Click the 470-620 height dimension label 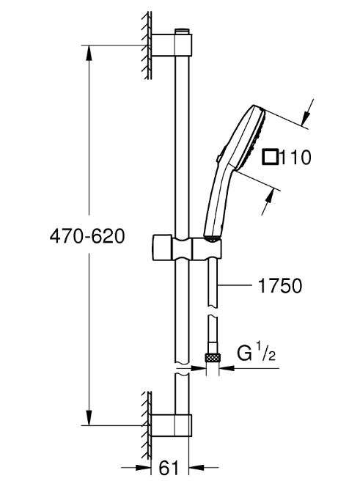tap(87, 237)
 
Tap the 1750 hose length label tap(280, 286)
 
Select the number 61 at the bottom tap(169, 468)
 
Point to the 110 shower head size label tap(296, 157)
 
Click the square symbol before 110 tap(271, 157)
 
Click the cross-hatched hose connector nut tap(212, 358)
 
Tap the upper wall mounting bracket tap(172, 45)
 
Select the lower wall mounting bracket tap(172, 425)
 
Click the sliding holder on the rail tap(186, 248)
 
